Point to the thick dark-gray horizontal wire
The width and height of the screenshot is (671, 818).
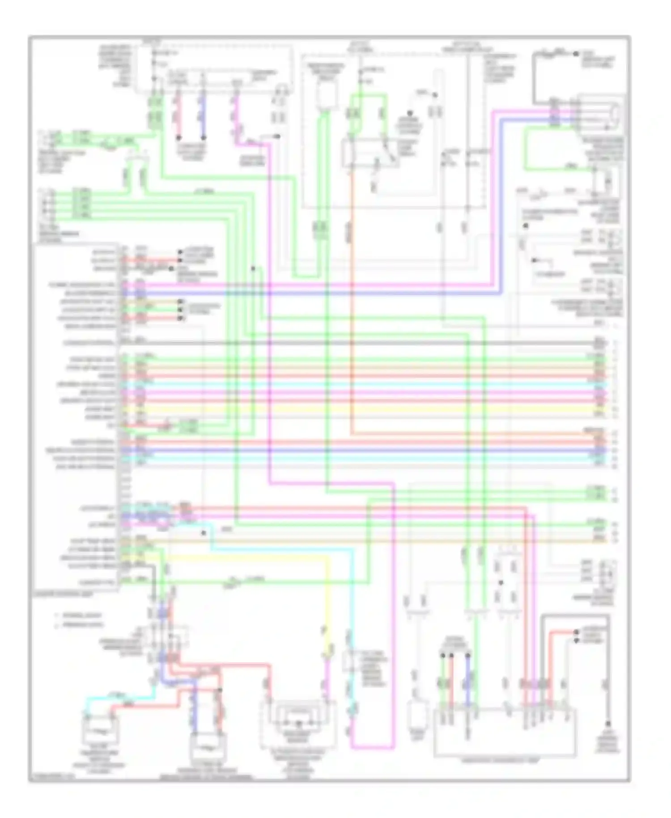[358, 343]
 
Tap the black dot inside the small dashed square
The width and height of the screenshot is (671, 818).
[501, 583]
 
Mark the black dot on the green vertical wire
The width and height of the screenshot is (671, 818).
[253, 268]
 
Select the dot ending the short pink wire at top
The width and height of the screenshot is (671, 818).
[178, 137]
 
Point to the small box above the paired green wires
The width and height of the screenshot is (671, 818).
[326, 96]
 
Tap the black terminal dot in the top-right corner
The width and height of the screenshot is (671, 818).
[576, 54]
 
